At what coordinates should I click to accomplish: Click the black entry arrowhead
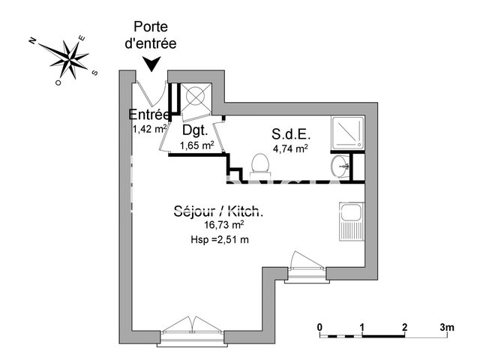click(x=152, y=65)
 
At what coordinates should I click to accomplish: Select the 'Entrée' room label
click(x=149, y=115)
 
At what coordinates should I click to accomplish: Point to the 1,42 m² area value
click(x=149, y=128)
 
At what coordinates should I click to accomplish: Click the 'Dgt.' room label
click(x=194, y=130)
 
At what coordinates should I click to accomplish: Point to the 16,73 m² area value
click(x=223, y=225)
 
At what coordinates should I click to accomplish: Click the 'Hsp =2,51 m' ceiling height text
click(x=220, y=239)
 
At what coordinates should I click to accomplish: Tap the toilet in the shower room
click(x=259, y=163)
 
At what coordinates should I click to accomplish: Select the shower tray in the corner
click(x=346, y=132)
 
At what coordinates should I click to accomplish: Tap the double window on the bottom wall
click(x=193, y=327)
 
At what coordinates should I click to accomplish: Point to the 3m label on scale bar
click(x=447, y=328)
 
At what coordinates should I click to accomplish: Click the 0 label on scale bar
click(x=319, y=328)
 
